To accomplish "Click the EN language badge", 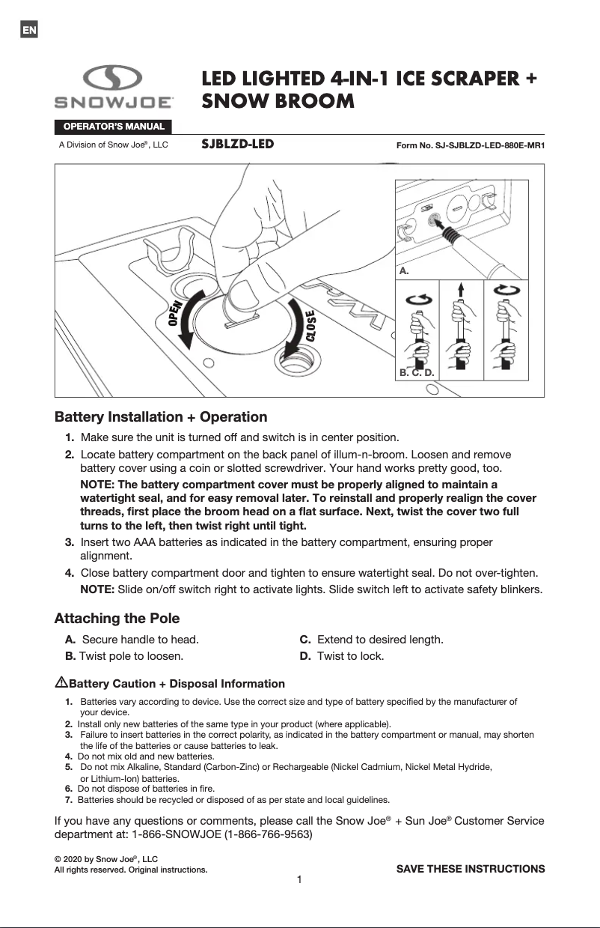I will tap(28, 30).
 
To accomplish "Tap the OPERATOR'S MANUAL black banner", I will tap(112, 126).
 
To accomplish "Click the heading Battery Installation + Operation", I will tap(161, 416).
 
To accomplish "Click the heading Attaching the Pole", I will tap(117, 619).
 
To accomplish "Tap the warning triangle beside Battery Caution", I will tap(61, 682).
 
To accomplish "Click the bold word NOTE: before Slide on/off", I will tap(97, 589).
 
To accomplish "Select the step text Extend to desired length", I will tap(380, 640).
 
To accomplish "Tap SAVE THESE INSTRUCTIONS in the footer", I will tap(470, 869).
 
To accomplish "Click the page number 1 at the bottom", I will tap(299, 879).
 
